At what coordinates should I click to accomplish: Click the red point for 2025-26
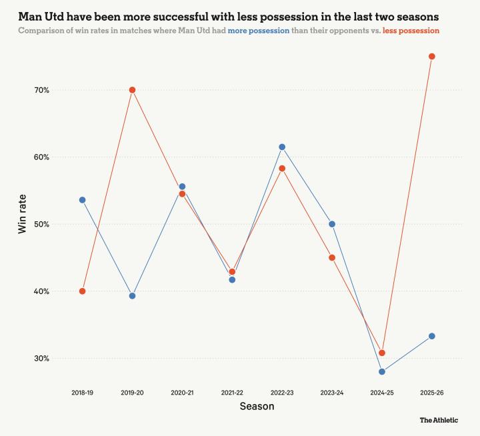tap(432, 56)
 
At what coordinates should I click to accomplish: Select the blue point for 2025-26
tap(432, 336)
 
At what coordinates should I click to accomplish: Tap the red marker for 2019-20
tap(132, 90)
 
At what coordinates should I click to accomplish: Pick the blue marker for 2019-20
tap(132, 296)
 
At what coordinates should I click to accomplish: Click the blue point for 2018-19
tap(82, 200)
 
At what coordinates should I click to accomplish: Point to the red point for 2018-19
tap(82, 291)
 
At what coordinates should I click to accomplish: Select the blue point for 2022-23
tap(282, 147)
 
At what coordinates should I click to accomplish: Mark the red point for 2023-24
tap(332, 257)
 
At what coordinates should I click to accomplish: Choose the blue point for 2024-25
tap(382, 372)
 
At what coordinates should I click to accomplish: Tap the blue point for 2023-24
tap(332, 224)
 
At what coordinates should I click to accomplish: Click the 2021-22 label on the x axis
tap(232, 393)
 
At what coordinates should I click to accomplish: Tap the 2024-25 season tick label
tap(382, 393)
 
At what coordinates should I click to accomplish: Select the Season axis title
tap(257, 406)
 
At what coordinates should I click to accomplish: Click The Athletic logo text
tap(439, 420)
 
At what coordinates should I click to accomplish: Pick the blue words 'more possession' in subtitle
tap(259, 31)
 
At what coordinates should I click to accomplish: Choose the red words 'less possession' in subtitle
tap(411, 31)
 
